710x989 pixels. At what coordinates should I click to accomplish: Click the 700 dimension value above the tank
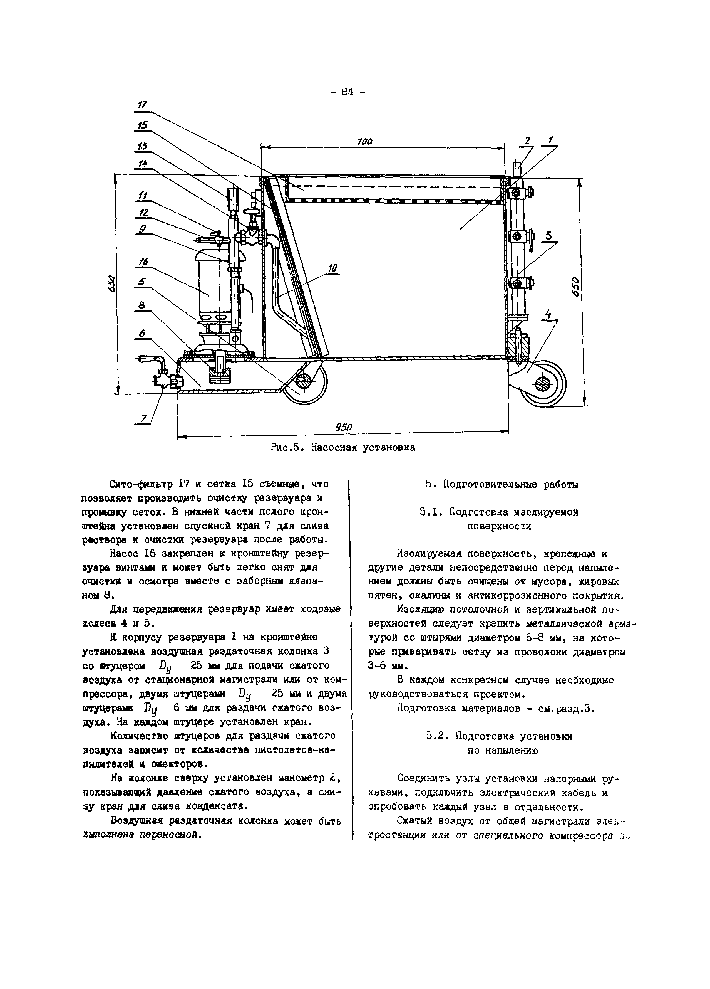(364, 141)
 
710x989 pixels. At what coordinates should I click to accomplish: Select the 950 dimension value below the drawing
(344, 427)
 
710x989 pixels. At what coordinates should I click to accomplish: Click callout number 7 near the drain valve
(143, 418)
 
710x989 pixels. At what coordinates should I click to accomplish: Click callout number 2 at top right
(527, 141)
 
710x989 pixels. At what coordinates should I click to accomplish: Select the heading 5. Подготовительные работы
(502, 484)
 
